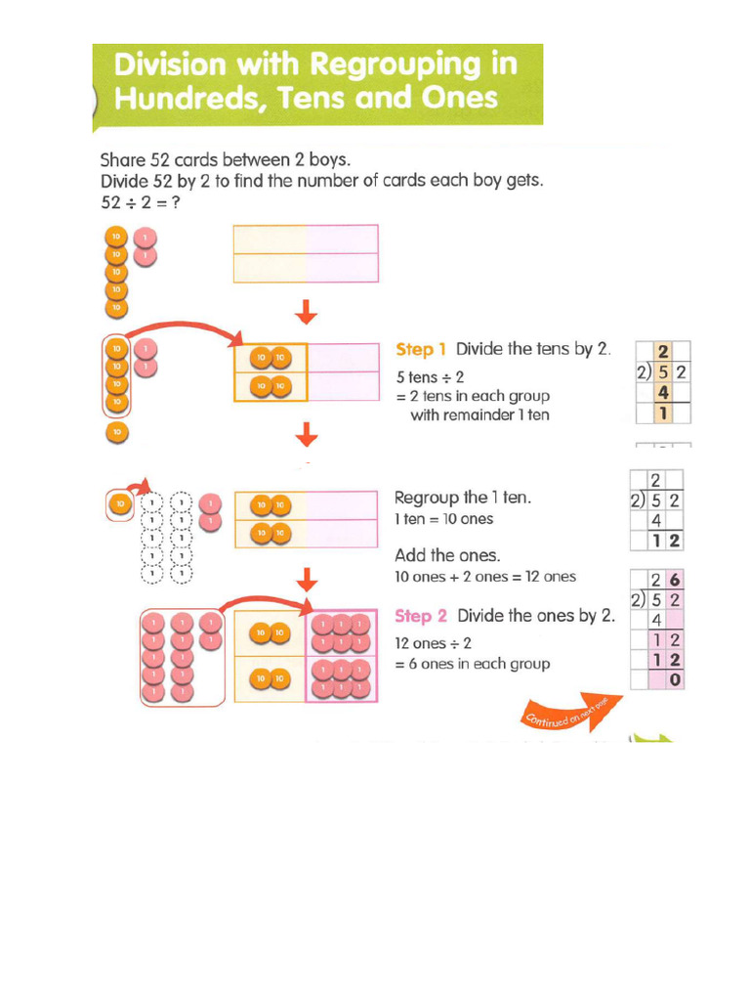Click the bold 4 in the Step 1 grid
[x=662, y=392]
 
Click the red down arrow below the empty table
[x=307, y=311]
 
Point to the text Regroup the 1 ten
[x=462, y=498]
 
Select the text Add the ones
[x=447, y=555]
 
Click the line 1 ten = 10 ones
[x=443, y=519]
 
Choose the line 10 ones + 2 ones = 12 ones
[x=484, y=577]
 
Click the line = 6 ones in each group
[x=472, y=664]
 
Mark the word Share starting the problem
[x=122, y=158]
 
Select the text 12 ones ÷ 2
[x=433, y=643]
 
